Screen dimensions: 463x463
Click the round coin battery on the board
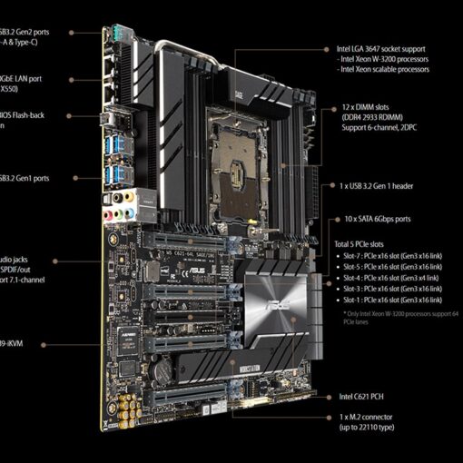click(163, 371)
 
